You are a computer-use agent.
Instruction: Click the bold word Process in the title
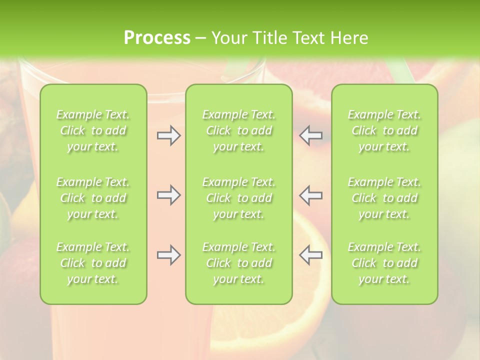point(157,38)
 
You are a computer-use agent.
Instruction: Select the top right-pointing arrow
point(168,135)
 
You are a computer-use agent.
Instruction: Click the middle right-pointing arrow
point(168,195)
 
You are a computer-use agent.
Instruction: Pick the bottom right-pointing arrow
point(168,255)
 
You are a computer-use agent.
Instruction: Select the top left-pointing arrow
point(311,135)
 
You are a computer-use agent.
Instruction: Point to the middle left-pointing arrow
point(311,195)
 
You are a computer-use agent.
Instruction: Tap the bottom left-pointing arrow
point(311,255)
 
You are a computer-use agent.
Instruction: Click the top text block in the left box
point(93,130)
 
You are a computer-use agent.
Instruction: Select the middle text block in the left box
point(93,198)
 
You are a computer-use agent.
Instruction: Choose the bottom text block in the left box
point(93,263)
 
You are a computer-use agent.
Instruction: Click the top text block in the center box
point(239,130)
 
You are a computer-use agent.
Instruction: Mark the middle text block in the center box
point(239,198)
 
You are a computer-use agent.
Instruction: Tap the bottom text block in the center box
point(239,263)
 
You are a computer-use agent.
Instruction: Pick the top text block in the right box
point(384,130)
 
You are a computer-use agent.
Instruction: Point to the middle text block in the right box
point(384,198)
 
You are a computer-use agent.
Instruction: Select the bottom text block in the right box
point(384,263)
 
